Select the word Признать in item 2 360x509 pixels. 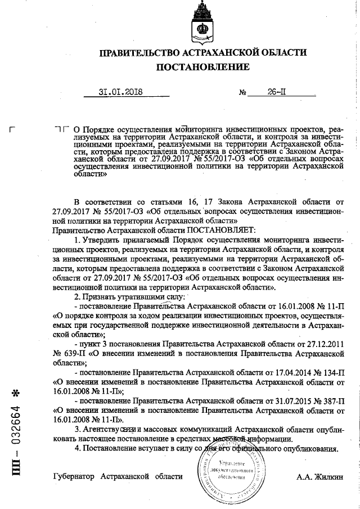pos(100,296)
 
